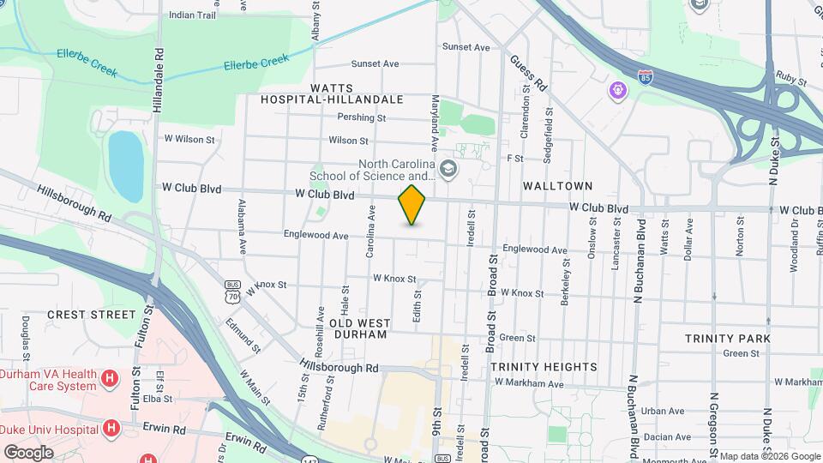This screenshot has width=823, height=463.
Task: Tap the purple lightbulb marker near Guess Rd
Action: (x=616, y=89)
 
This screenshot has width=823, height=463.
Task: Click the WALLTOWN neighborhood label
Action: (x=551, y=185)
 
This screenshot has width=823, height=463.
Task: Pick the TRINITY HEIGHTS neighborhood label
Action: (x=544, y=367)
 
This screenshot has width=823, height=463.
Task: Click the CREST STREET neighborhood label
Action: (x=92, y=315)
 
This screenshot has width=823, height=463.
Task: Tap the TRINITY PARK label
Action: (x=727, y=339)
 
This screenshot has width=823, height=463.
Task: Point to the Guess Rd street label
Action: (x=527, y=74)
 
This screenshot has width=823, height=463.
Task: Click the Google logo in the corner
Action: (x=28, y=452)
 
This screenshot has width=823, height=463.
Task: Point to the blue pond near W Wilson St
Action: (x=125, y=165)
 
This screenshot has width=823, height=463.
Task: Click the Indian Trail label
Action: (x=192, y=15)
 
